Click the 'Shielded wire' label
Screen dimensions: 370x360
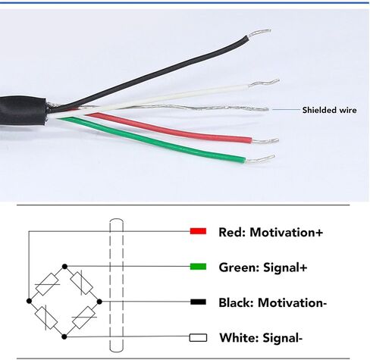click(329, 110)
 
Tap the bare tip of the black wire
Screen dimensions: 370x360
click(260, 33)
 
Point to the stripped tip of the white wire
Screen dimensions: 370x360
click(265, 83)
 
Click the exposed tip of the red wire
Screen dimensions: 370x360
click(265, 141)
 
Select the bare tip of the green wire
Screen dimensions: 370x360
click(260, 158)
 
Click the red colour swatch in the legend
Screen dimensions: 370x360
click(198, 231)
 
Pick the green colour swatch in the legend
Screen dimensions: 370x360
click(198, 267)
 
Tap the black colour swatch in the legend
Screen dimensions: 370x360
click(198, 302)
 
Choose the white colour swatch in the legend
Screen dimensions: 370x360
click(198, 338)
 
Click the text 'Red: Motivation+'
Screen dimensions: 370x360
click(271, 232)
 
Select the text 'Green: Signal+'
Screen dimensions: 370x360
click(263, 268)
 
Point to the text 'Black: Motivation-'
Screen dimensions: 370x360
click(273, 302)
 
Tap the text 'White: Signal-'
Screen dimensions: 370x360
click(261, 338)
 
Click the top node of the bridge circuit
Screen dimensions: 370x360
click(64, 267)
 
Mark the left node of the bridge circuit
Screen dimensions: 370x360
click(29, 301)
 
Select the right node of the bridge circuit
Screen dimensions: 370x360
click(99, 302)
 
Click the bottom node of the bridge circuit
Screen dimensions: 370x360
click(64, 337)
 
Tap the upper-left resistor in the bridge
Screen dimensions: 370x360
click(48, 284)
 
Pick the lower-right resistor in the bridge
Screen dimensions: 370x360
click(83, 318)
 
